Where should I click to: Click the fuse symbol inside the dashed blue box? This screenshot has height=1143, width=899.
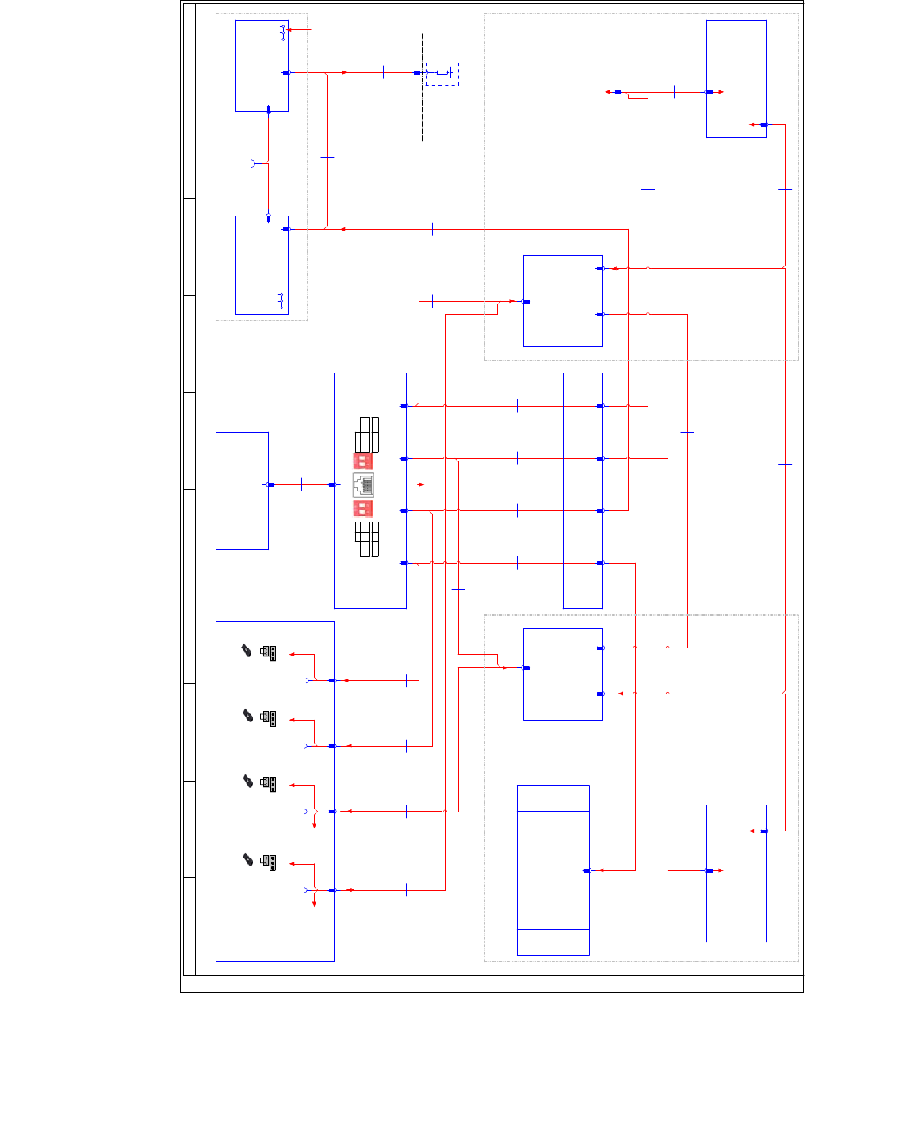[442, 72]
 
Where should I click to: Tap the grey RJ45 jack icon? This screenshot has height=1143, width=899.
[363, 484]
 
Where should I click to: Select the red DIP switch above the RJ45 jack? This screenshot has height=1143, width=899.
[362, 460]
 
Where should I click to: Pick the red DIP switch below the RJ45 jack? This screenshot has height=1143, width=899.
[362, 508]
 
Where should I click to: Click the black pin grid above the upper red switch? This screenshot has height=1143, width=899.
[367, 434]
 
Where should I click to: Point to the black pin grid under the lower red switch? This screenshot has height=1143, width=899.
[367, 539]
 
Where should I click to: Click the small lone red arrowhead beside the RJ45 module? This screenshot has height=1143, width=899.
[421, 484]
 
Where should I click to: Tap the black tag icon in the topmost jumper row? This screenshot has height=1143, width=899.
[247, 651]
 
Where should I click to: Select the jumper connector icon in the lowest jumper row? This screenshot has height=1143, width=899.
[269, 862]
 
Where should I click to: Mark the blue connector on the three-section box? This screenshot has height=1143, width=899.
[587, 870]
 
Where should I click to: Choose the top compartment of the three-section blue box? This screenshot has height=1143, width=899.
[553, 798]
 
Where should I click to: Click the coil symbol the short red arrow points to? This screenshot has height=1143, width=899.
[282, 32]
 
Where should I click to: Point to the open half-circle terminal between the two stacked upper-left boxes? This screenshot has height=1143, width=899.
[254, 164]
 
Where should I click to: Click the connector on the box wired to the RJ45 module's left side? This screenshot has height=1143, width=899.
[270, 484]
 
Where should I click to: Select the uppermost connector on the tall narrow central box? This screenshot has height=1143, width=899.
[600, 406]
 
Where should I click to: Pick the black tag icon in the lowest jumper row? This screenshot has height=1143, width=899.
[248, 860]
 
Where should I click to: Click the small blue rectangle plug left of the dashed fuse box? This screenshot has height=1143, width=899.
[417, 72]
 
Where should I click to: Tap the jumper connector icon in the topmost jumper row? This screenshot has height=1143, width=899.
[269, 653]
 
